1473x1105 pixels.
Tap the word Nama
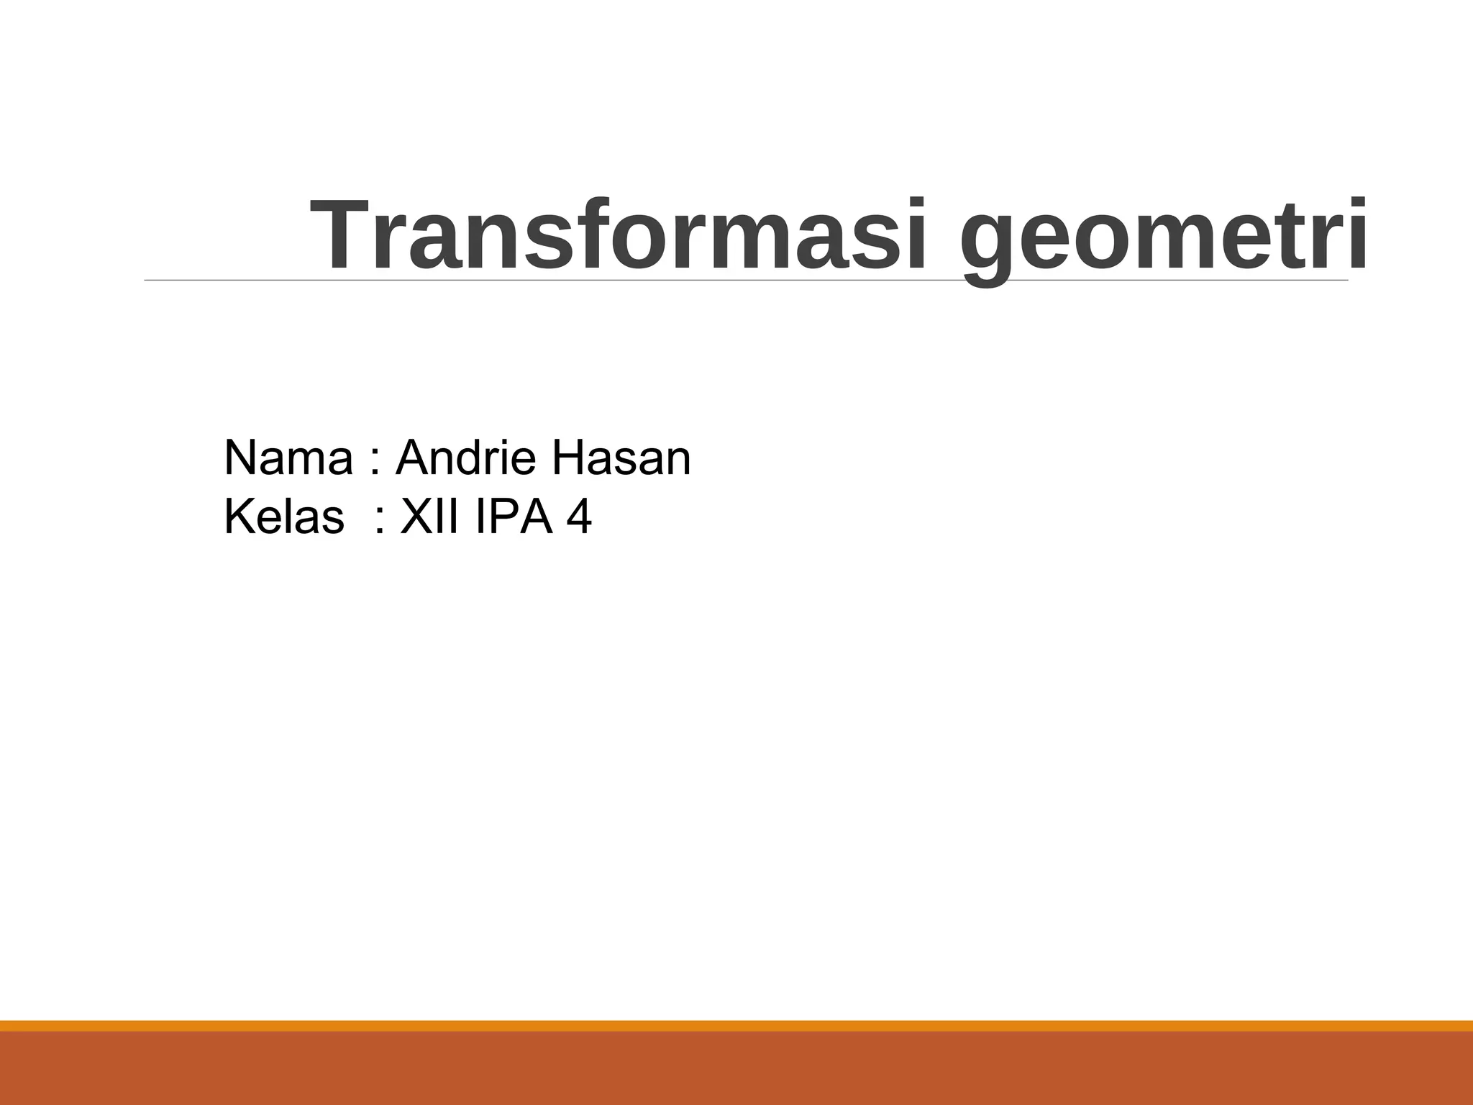click(x=288, y=458)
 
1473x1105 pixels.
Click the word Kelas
click(x=284, y=517)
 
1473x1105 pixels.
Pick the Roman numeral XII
click(x=429, y=517)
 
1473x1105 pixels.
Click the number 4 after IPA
click(x=580, y=517)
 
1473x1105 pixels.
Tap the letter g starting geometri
click(x=989, y=245)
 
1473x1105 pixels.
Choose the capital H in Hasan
click(x=567, y=458)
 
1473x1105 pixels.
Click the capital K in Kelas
click(x=238, y=517)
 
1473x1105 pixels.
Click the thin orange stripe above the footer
click(x=736, y=1025)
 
